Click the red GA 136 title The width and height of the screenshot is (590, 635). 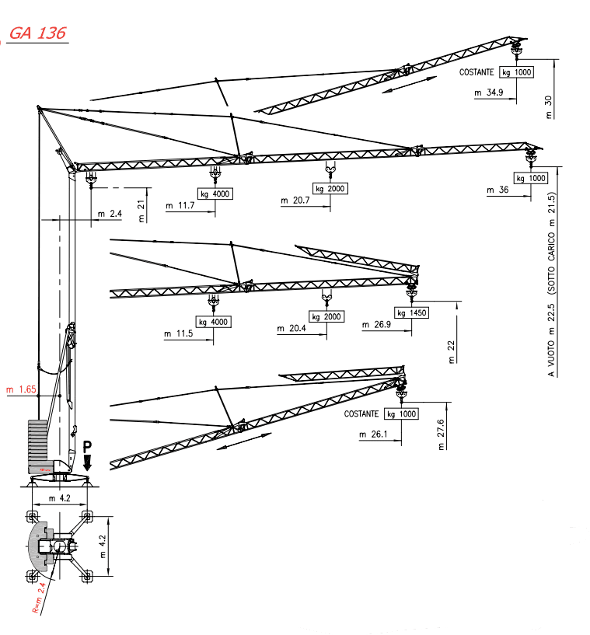click(x=37, y=33)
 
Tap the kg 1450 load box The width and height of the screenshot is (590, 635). click(x=411, y=312)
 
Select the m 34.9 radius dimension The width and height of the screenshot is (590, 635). click(x=489, y=92)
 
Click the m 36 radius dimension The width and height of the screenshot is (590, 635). click(x=497, y=190)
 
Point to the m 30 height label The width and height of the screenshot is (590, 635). click(x=549, y=107)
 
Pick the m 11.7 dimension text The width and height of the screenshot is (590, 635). click(x=180, y=206)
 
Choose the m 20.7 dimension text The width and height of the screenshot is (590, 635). click(x=295, y=200)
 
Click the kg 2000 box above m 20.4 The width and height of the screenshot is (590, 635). click(x=326, y=316)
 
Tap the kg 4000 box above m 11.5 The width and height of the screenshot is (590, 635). click(x=214, y=322)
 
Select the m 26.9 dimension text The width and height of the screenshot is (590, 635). click(x=376, y=324)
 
